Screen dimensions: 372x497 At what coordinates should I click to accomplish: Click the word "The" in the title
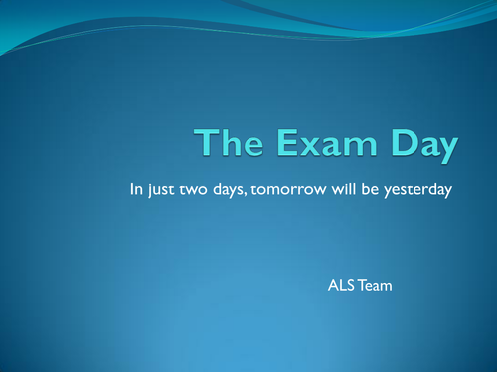226,145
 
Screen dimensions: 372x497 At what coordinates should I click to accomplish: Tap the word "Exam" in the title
318,145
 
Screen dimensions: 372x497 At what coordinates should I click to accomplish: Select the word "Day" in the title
421,147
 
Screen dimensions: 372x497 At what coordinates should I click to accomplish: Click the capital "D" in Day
396,145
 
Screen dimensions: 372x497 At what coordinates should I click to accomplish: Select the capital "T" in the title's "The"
205,145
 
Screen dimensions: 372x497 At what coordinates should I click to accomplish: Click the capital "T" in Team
360,286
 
